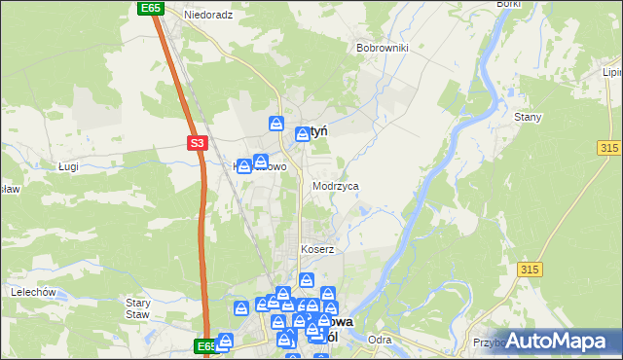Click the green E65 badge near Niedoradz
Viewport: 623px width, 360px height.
149,8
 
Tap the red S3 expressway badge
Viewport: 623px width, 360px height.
198,143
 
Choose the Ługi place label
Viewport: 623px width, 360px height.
67,167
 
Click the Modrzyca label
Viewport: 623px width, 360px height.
336,185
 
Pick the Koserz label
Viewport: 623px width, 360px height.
317,249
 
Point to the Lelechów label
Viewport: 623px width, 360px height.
31,291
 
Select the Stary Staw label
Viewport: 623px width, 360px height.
137,308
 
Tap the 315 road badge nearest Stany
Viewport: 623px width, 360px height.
609,146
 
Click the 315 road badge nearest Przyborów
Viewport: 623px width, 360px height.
531,269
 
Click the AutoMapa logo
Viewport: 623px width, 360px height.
560,341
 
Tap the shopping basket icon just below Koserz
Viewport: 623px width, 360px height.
307,281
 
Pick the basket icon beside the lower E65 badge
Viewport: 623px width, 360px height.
226,341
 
